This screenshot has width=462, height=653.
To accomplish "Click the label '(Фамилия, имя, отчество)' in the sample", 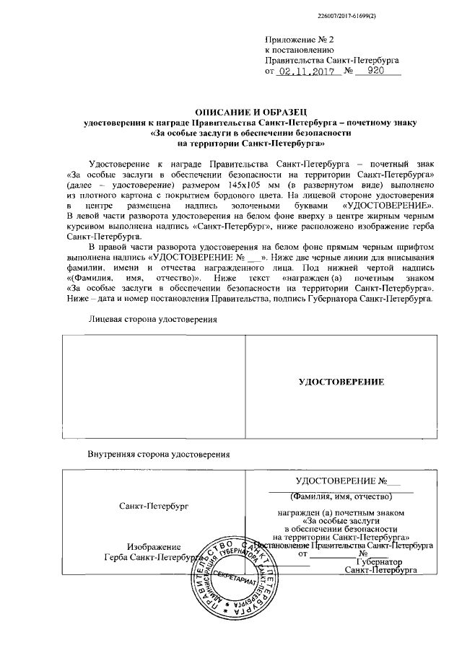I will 341,496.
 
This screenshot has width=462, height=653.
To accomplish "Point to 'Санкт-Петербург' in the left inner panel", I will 153,507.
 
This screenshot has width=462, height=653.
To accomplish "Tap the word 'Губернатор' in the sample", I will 378,561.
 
